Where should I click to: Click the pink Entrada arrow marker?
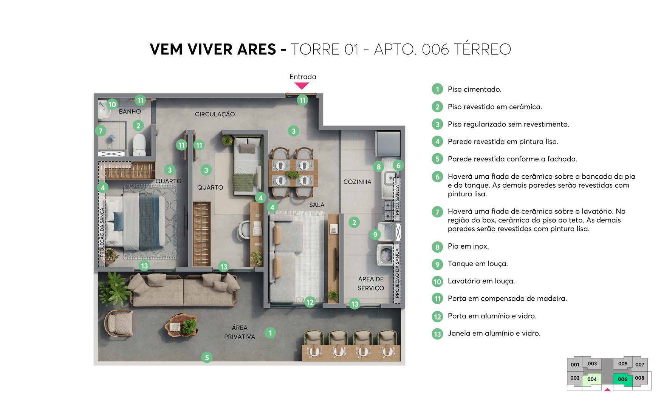(x=302, y=86)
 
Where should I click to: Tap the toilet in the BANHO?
(x=139, y=145)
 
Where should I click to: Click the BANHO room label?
(x=130, y=111)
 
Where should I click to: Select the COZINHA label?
(x=357, y=182)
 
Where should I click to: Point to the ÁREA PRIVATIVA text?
(x=240, y=332)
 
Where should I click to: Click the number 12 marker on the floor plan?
(x=310, y=302)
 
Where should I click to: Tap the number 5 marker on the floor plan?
(x=207, y=357)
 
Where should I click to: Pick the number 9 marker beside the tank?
(x=375, y=235)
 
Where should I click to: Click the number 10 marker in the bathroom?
(x=112, y=104)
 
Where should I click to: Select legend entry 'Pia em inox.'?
(x=468, y=246)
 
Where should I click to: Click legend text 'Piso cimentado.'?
(x=474, y=90)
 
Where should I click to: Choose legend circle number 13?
(x=437, y=334)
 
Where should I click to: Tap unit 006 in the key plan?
(x=622, y=379)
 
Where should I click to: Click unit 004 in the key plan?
(x=592, y=379)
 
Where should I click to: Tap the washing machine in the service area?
(x=386, y=254)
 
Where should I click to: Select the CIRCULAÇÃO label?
(x=215, y=114)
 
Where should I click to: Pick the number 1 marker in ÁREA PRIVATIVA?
(x=270, y=333)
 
